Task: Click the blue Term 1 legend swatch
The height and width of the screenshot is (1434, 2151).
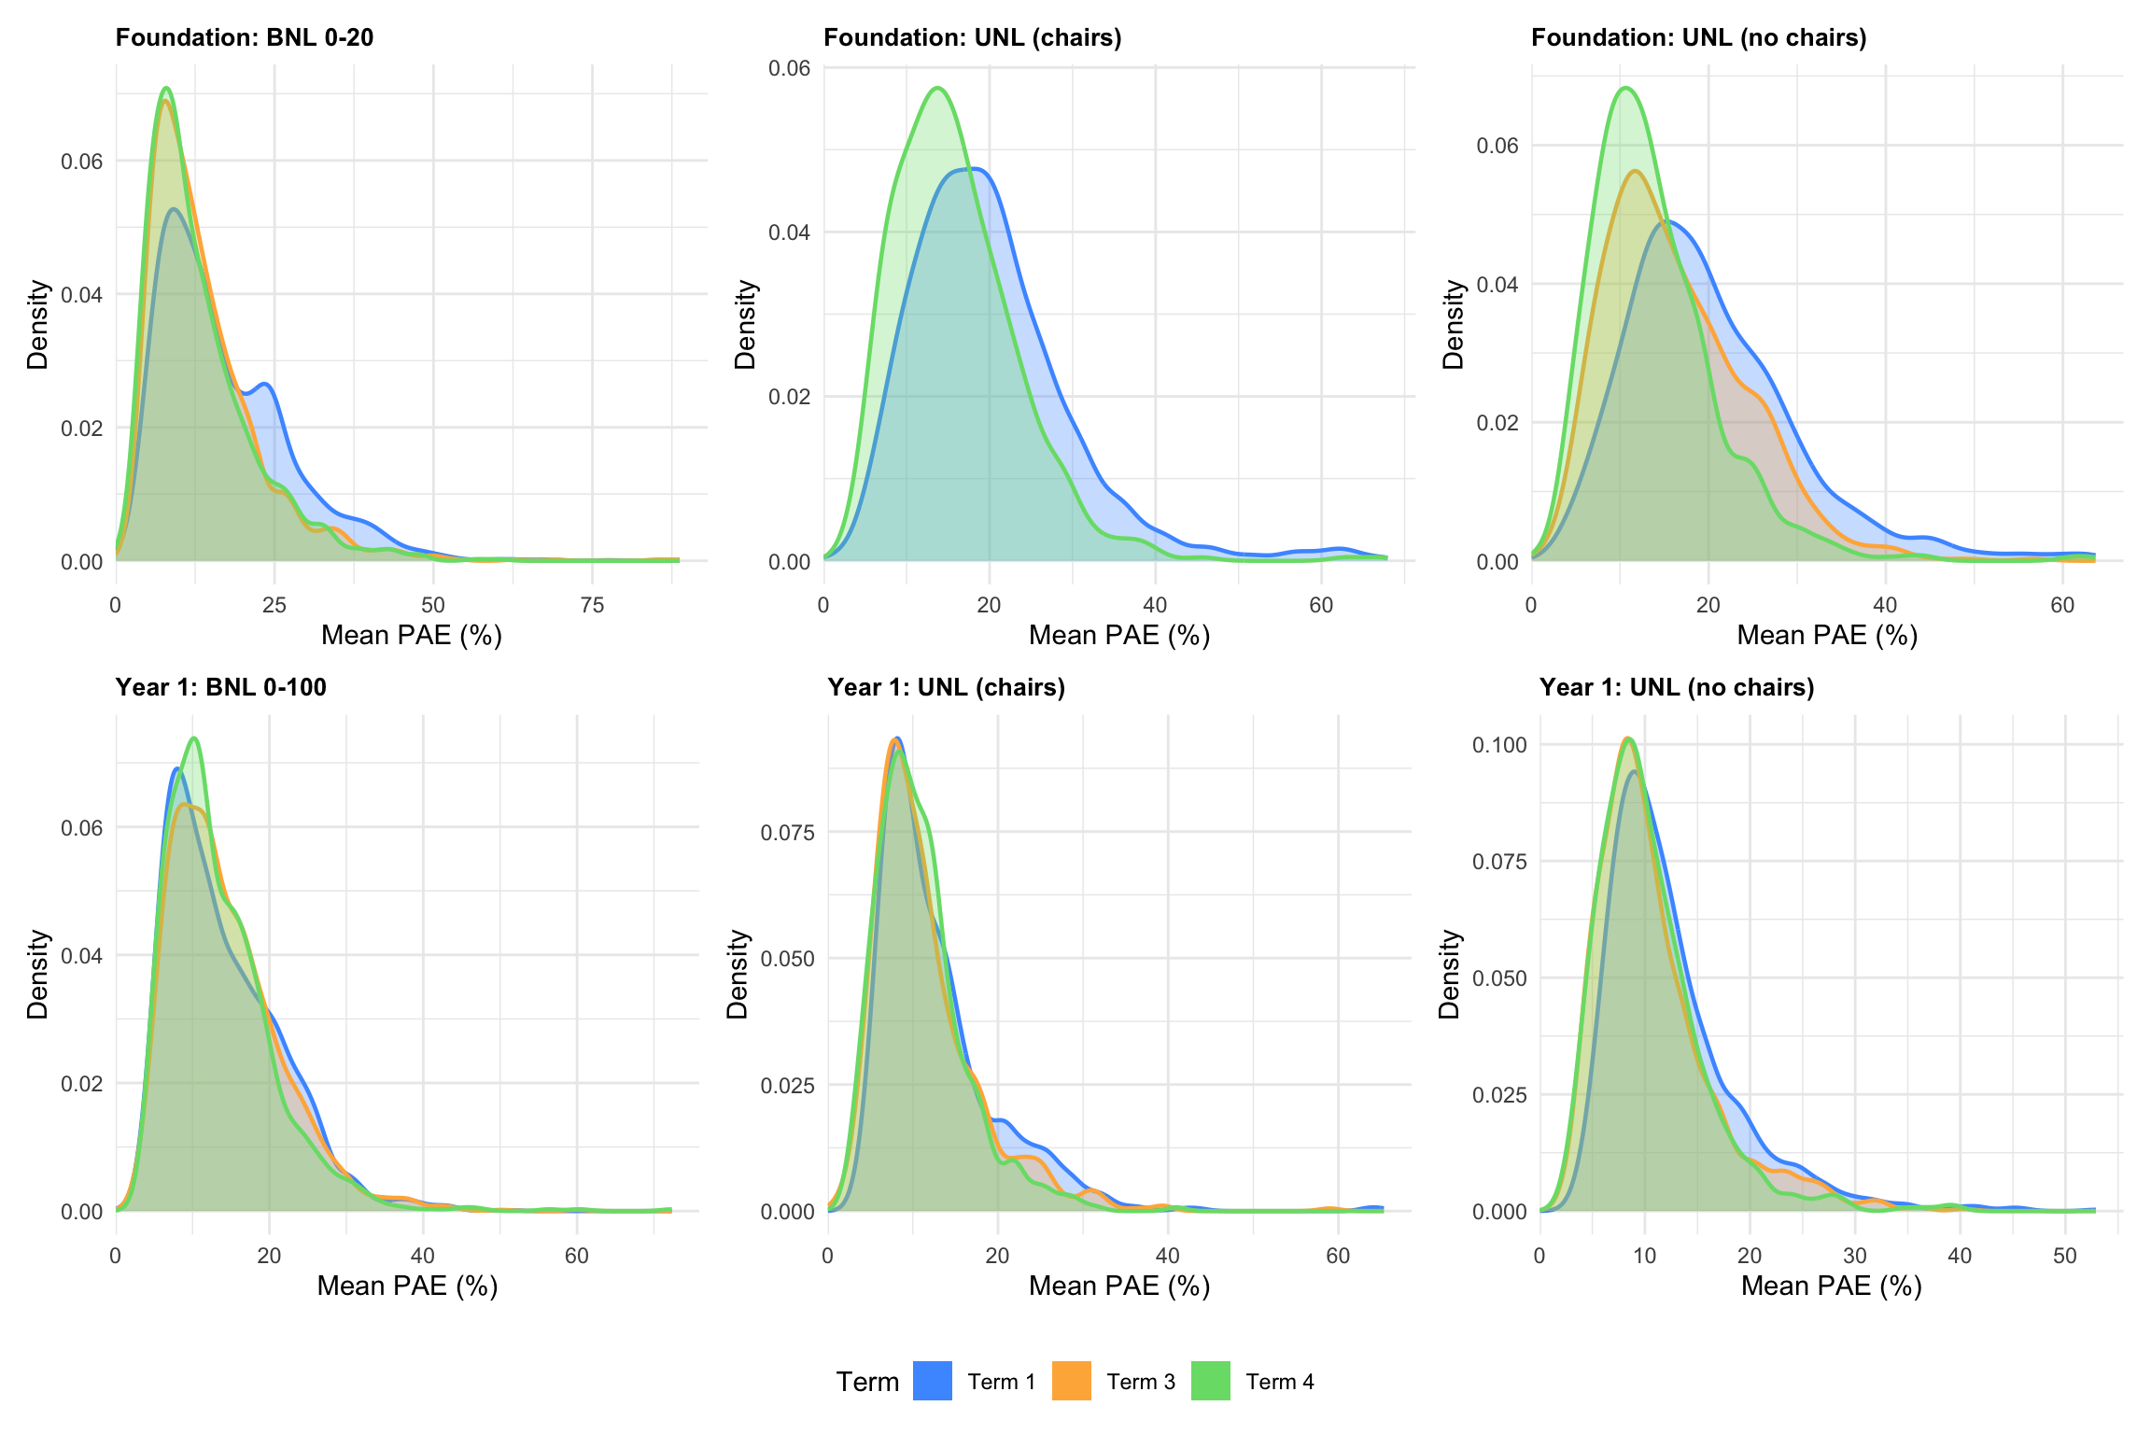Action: (x=932, y=1381)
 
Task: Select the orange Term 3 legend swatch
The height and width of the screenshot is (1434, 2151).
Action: (x=1071, y=1381)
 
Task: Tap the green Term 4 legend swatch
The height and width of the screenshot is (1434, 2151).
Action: (x=1210, y=1381)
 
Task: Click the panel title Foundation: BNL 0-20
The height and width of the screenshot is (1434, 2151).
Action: (x=245, y=37)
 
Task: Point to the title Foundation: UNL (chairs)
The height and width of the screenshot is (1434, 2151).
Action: (x=972, y=37)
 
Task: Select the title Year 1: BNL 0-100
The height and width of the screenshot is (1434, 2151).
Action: (x=221, y=687)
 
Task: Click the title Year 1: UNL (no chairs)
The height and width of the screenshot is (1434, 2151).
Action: (x=1677, y=687)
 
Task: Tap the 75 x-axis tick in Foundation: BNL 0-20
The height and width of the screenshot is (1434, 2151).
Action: (x=592, y=605)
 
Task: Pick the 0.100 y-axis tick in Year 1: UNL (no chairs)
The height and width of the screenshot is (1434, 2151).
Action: (x=1499, y=745)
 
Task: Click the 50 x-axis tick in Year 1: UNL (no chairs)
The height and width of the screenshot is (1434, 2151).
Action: (x=2064, y=1256)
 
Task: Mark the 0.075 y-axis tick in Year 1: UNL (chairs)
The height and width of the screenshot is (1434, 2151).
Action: (x=788, y=832)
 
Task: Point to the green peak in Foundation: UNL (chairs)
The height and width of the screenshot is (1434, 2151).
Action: (x=937, y=88)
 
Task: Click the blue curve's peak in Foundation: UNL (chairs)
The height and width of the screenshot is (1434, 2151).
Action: (x=973, y=169)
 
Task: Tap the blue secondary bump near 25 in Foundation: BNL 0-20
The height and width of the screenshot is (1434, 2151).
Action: (x=265, y=384)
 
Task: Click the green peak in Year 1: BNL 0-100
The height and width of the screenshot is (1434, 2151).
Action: (x=193, y=738)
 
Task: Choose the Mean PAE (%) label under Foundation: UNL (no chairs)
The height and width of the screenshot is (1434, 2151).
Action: (x=1827, y=635)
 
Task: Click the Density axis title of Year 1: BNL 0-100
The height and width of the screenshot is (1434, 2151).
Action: (x=37, y=974)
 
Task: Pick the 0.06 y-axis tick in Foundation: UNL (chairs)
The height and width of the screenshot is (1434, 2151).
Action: (x=789, y=68)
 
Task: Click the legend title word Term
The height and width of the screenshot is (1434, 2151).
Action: (x=867, y=1382)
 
